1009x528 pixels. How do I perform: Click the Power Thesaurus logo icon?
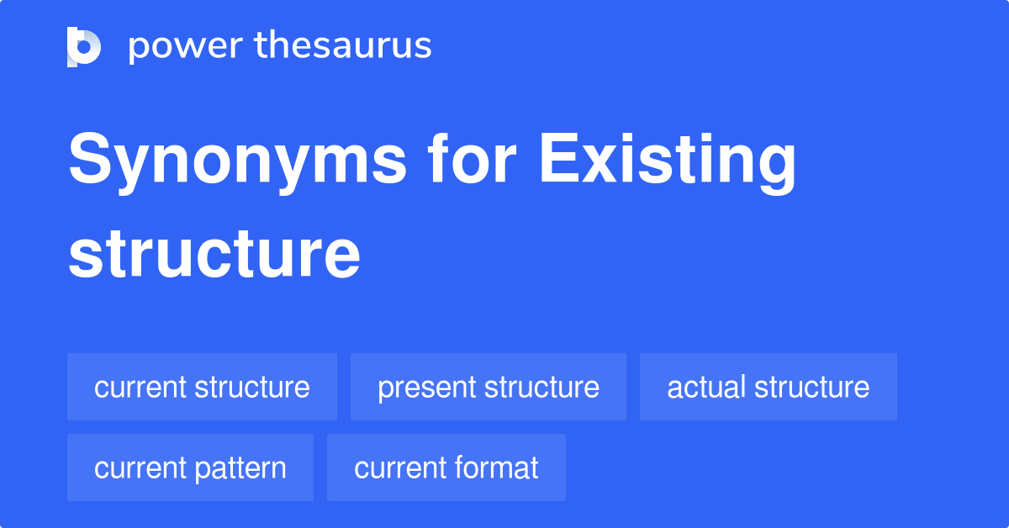pyautogui.click(x=84, y=46)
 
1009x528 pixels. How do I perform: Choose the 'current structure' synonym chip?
pyautogui.click(x=202, y=387)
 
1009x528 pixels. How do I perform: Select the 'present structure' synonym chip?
pyautogui.click(x=489, y=387)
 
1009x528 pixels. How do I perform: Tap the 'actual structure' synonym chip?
pyautogui.click(x=769, y=387)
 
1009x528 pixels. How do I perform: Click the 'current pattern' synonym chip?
pyautogui.click(x=190, y=467)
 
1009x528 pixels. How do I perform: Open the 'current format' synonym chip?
pyautogui.click(x=446, y=467)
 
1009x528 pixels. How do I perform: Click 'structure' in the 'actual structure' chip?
pyautogui.click(x=811, y=387)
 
